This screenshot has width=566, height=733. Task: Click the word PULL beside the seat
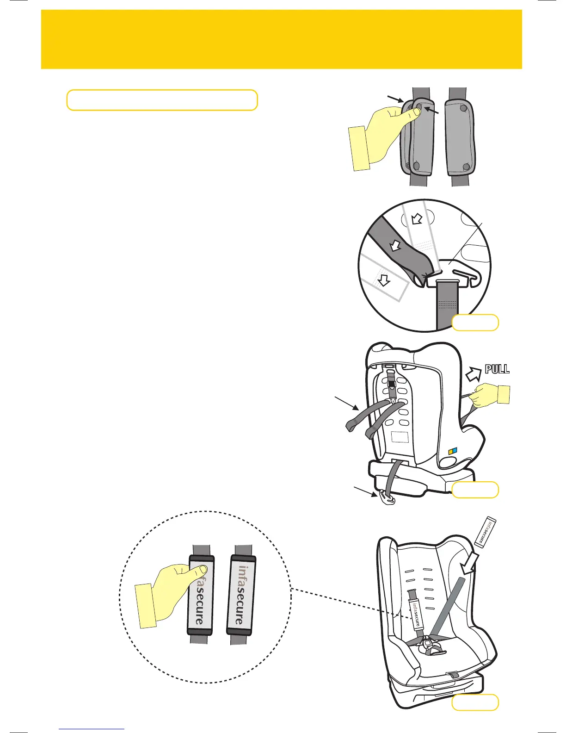point(497,369)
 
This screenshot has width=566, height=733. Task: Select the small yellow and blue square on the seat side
point(454,452)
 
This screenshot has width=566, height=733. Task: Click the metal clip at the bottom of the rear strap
point(387,498)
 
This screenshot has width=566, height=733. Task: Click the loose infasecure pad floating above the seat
point(486,533)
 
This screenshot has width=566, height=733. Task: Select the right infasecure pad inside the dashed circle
point(241,594)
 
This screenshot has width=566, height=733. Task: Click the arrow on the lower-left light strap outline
point(384,280)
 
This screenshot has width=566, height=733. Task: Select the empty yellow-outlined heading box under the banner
point(162,100)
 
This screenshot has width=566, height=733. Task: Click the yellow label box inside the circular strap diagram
point(475,323)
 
